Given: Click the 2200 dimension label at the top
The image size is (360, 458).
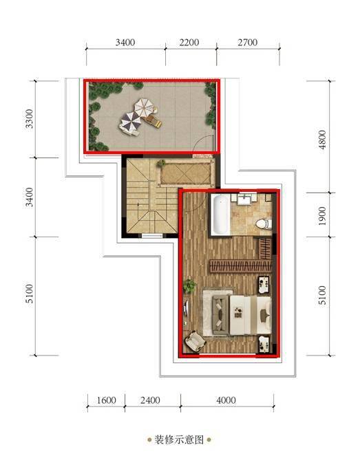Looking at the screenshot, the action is click(x=189, y=43).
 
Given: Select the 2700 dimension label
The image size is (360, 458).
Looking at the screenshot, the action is click(x=247, y=43).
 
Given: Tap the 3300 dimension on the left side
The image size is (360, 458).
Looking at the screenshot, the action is click(x=29, y=118).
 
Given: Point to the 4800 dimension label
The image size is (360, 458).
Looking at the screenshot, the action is click(x=322, y=140).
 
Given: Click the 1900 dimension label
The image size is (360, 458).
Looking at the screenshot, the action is click(x=322, y=216).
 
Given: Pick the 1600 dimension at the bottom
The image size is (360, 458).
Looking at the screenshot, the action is click(x=107, y=400).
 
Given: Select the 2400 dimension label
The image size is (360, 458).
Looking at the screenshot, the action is click(x=150, y=400).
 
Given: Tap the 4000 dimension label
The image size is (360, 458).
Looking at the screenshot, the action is click(x=226, y=400).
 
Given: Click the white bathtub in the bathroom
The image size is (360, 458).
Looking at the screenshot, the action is click(x=220, y=214).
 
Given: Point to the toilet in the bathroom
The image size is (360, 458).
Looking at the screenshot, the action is click(x=264, y=224).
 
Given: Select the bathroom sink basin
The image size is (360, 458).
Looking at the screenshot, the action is click(x=244, y=200).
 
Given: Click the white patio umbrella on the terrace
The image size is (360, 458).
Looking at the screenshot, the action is click(x=143, y=107).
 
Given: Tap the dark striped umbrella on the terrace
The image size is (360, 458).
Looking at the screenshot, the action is click(x=130, y=122).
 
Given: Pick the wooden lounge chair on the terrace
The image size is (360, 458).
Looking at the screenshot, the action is click(x=153, y=120).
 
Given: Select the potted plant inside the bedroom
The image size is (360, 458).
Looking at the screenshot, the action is click(x=189, y=285).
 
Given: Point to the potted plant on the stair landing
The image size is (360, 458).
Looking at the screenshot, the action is click(x=160, y=163).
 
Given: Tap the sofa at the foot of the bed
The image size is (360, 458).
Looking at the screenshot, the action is click(x=220, y=315).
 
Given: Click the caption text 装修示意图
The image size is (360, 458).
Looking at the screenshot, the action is click(x=179, y=439).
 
